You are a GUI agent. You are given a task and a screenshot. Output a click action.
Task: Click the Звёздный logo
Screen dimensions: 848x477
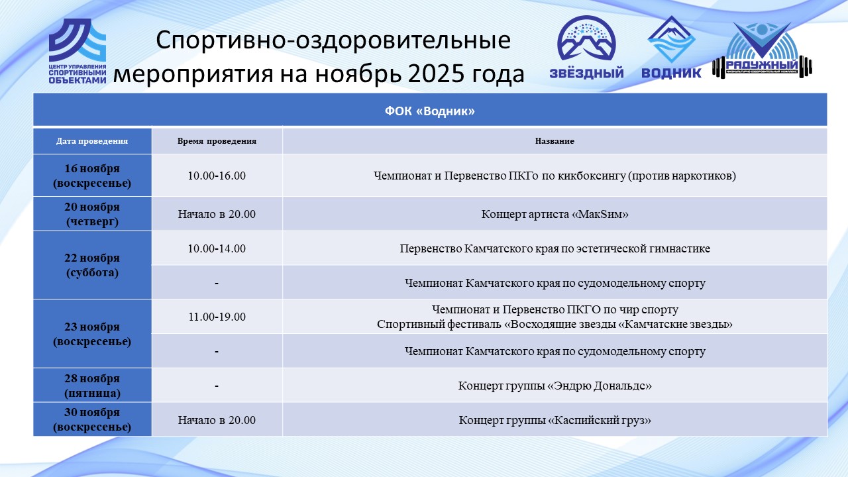(x=586, y=47)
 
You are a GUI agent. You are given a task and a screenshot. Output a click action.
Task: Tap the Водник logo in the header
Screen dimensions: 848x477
(x=671, y=47)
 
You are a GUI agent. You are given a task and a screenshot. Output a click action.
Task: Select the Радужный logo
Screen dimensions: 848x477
(x=762, y=50)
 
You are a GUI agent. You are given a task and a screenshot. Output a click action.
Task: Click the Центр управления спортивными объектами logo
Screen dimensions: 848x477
(x=78, y=51)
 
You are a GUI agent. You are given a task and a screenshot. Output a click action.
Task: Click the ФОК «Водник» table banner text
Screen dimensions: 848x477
(x=430, y=111)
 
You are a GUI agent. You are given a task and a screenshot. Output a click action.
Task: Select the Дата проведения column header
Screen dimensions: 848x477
(x=92, y=141)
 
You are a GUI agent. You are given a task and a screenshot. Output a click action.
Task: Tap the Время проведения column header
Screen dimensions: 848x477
(x=217, y=141)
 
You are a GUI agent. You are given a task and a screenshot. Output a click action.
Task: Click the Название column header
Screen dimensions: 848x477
(x=555, y=141)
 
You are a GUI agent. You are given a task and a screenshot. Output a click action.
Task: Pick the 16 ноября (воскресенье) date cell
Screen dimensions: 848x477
(x=92, y=176)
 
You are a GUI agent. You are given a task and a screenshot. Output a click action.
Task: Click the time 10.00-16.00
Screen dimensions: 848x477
(x=217, y=176)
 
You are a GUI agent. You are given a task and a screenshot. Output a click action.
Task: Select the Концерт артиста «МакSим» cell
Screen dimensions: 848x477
(x=555, y=214)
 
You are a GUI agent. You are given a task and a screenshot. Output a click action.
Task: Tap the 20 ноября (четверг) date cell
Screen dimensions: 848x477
(x=92, y=214)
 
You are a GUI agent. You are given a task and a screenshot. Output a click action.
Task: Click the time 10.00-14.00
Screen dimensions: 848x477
(x=217, y=248)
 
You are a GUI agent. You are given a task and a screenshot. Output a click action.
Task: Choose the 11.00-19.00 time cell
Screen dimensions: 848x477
(x=217, y=317)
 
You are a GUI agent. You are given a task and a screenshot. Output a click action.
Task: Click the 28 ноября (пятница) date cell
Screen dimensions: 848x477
(x=92, y=386)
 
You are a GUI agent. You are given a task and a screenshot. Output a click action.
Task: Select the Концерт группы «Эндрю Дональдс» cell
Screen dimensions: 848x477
(x=555, y=386)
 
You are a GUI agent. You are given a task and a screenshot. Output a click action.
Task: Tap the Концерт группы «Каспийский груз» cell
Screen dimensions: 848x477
(x=555, y=420)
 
